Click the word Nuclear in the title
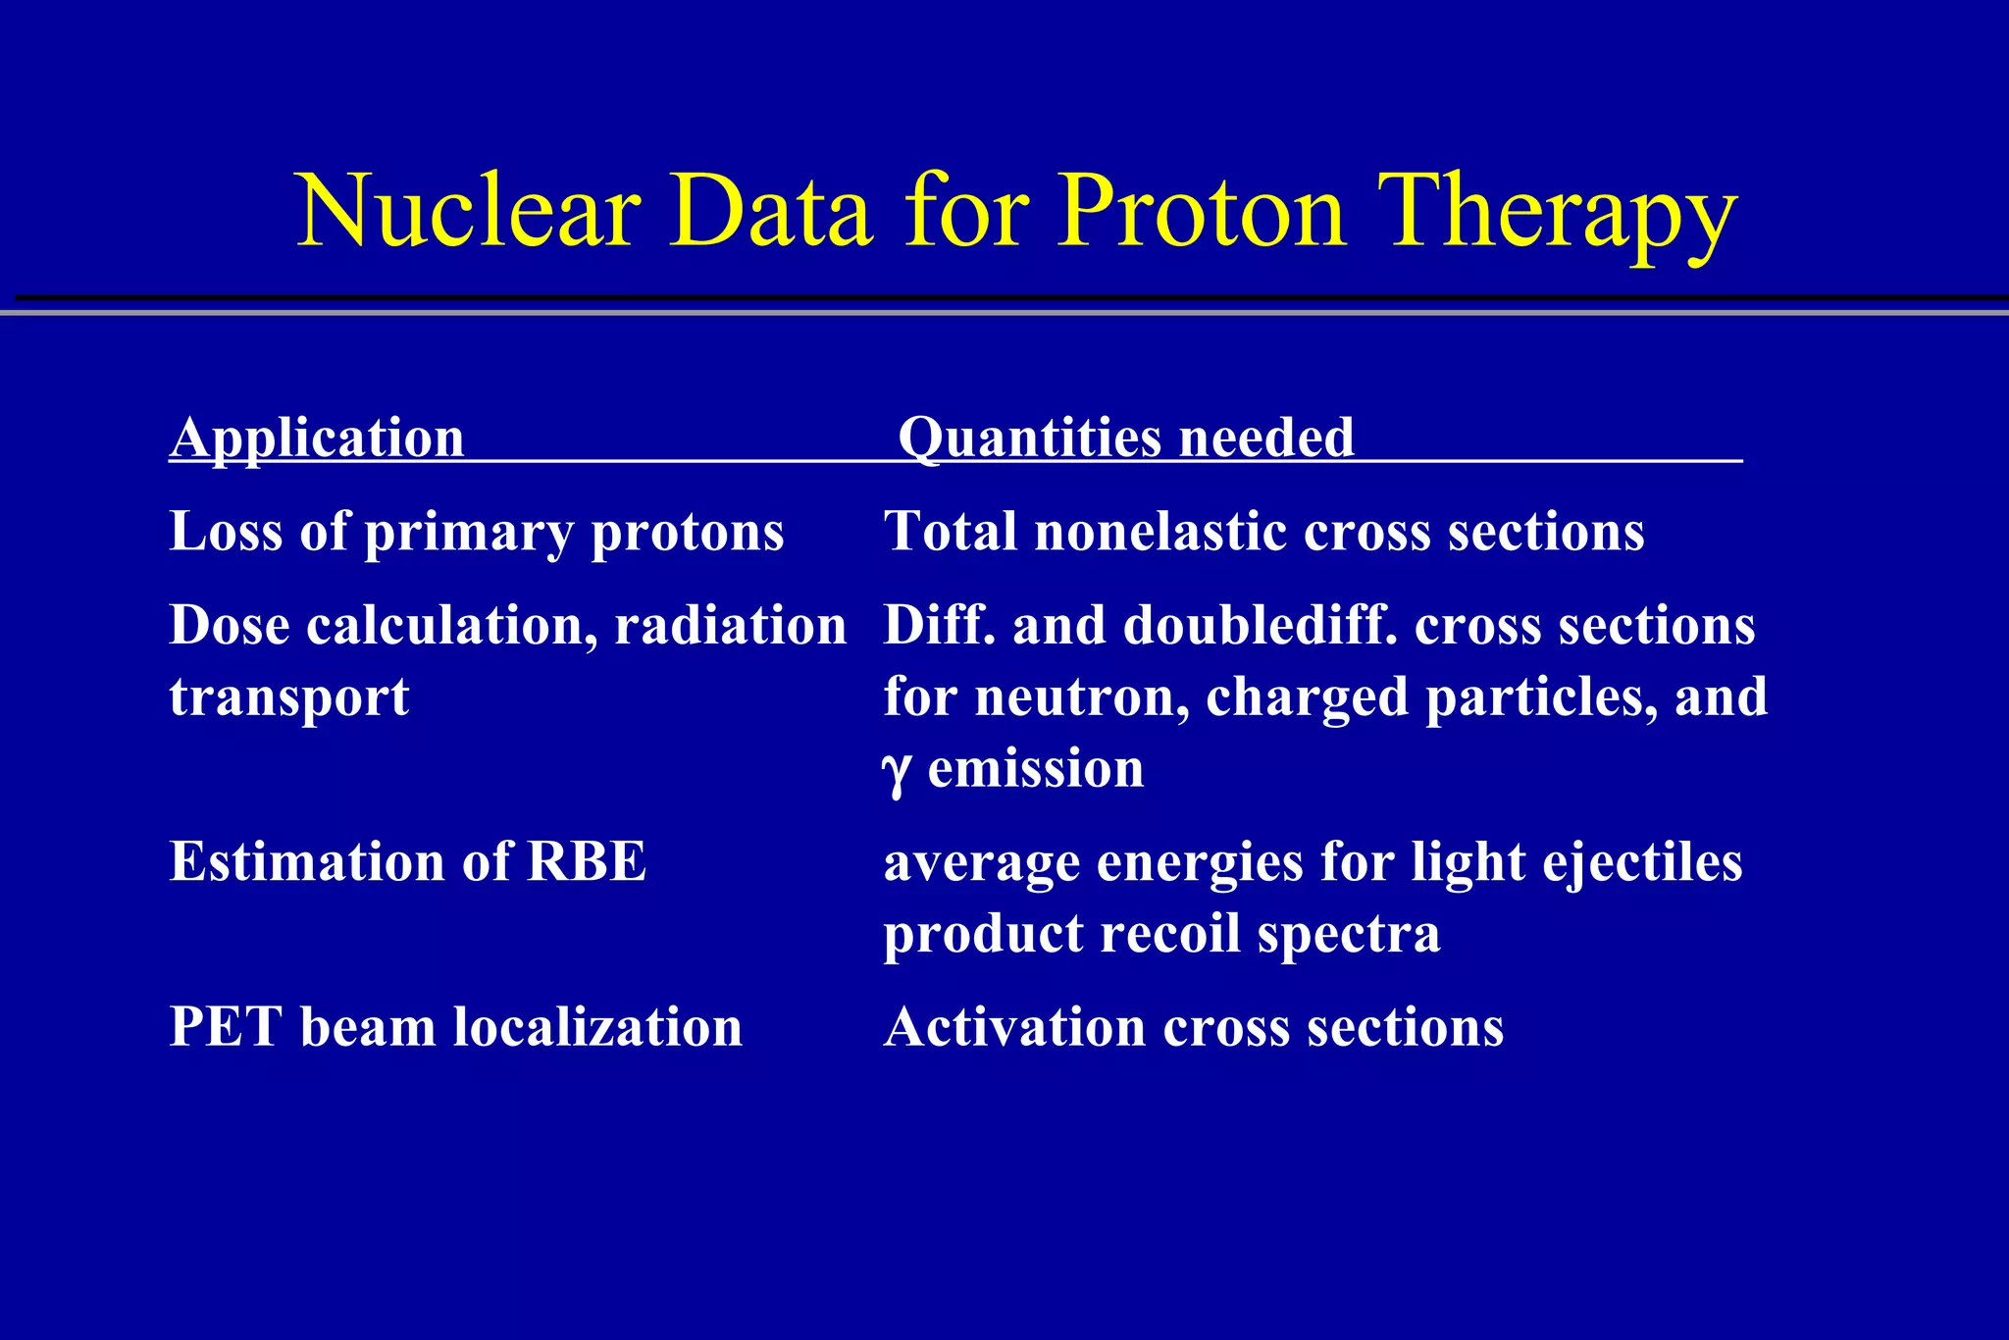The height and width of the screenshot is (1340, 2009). tap(469, 212)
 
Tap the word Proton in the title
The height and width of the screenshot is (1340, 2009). tap(1203, 212)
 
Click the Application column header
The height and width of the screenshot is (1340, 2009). tap(317, 438)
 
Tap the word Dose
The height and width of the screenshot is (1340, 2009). tap(229, 626)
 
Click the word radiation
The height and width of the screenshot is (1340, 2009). tap(730, 626)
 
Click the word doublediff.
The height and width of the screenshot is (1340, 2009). tap(1260, 626)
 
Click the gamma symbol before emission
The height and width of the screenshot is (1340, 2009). tap(897, 772)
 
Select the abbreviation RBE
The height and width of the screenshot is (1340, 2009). tap(587, 862)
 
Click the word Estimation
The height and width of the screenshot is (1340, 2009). tap(307, 862)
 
